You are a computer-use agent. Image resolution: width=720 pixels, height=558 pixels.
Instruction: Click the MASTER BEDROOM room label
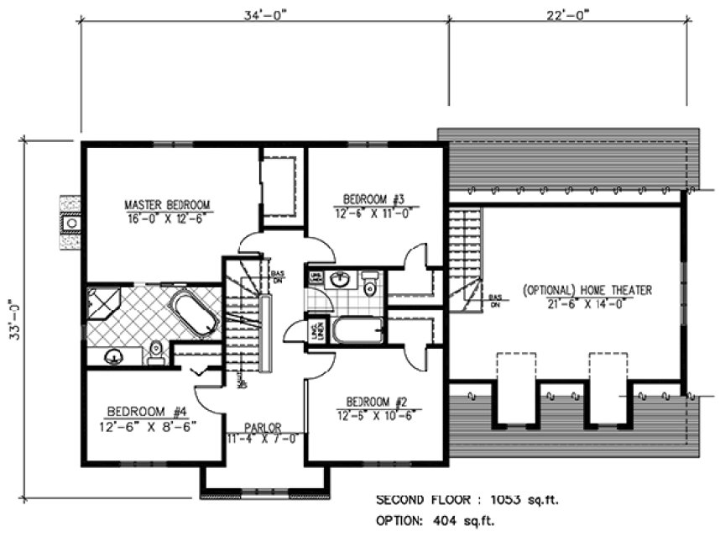point(167,204)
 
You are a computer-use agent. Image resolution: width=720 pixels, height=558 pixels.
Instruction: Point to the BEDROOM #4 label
point(144,411)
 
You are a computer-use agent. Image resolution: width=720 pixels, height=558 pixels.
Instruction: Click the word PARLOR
point(263,426)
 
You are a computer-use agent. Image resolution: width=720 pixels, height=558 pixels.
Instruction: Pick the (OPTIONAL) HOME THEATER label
point(587,290)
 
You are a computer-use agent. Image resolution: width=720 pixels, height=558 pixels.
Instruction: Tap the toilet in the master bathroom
point(154,352)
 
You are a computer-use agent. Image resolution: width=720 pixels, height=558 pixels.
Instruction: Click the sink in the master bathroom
point(112,356)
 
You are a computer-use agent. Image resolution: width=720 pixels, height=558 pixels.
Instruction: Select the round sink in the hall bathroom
point(342,281)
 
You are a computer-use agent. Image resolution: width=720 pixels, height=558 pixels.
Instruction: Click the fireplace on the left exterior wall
point(71,224)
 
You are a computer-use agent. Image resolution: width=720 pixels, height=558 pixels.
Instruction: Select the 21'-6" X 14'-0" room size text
point(587,303)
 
